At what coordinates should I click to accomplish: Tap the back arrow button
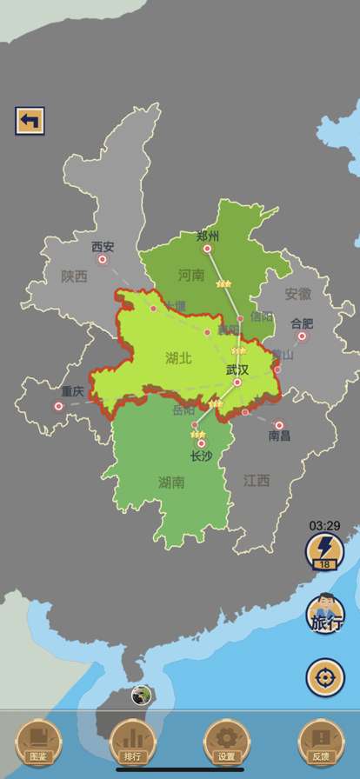click(x=30, y=120)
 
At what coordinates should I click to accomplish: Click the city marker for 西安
click(x=103, y=259)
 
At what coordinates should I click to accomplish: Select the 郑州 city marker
click(x=207, y=249)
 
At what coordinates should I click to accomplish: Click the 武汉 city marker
click(x=237, y=382)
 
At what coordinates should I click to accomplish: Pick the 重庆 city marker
click(x=59, y=406)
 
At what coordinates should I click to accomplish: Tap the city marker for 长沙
click(x=201, y=443)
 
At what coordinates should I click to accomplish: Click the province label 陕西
click(x=75, y=276)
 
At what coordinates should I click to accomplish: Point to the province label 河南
click(x=191, y=276)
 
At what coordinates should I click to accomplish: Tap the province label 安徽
click(x=297, y=294)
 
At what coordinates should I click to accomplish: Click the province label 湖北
click(x=178, y=357)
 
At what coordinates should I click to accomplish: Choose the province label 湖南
click(x=171, y=483)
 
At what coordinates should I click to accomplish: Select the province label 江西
click(x=257, y=480)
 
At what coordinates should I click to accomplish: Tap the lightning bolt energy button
click(x=324, y=551)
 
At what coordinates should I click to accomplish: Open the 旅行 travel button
click(x=324, y=614)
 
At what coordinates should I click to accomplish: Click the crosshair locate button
click(x=324, y=677)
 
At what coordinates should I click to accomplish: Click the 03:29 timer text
click(x=324, y=525)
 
